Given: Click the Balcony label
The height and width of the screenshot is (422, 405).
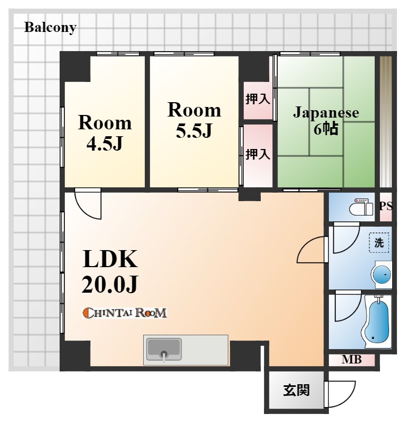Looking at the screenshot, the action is (51, 28).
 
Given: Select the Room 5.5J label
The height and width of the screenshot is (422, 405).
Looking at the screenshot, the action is (194, 120).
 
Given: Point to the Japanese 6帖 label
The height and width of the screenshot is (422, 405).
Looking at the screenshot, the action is (326, 120).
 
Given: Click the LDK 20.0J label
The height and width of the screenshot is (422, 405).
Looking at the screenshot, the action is (110, 271).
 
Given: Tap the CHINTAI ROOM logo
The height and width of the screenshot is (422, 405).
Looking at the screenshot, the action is (125, 313).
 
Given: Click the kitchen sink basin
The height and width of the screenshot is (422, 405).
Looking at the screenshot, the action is (163, 349).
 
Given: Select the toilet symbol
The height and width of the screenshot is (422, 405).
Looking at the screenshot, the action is (361, 206).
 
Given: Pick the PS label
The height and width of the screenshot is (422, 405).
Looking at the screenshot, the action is (386, 206).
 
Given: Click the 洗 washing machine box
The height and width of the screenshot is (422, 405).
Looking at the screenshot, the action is (379, 243).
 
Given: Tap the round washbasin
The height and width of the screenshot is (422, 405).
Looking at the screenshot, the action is (382, 275).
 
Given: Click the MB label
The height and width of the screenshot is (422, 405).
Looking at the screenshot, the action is (351, 360).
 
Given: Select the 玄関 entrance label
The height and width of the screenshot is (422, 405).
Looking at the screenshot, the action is (296, 390).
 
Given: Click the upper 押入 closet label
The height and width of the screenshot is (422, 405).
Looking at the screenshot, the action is (258, 100).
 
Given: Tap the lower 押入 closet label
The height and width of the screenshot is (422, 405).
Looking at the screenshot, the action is (258, 154).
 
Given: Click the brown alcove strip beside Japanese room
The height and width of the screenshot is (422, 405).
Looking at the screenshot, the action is (386, 122).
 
